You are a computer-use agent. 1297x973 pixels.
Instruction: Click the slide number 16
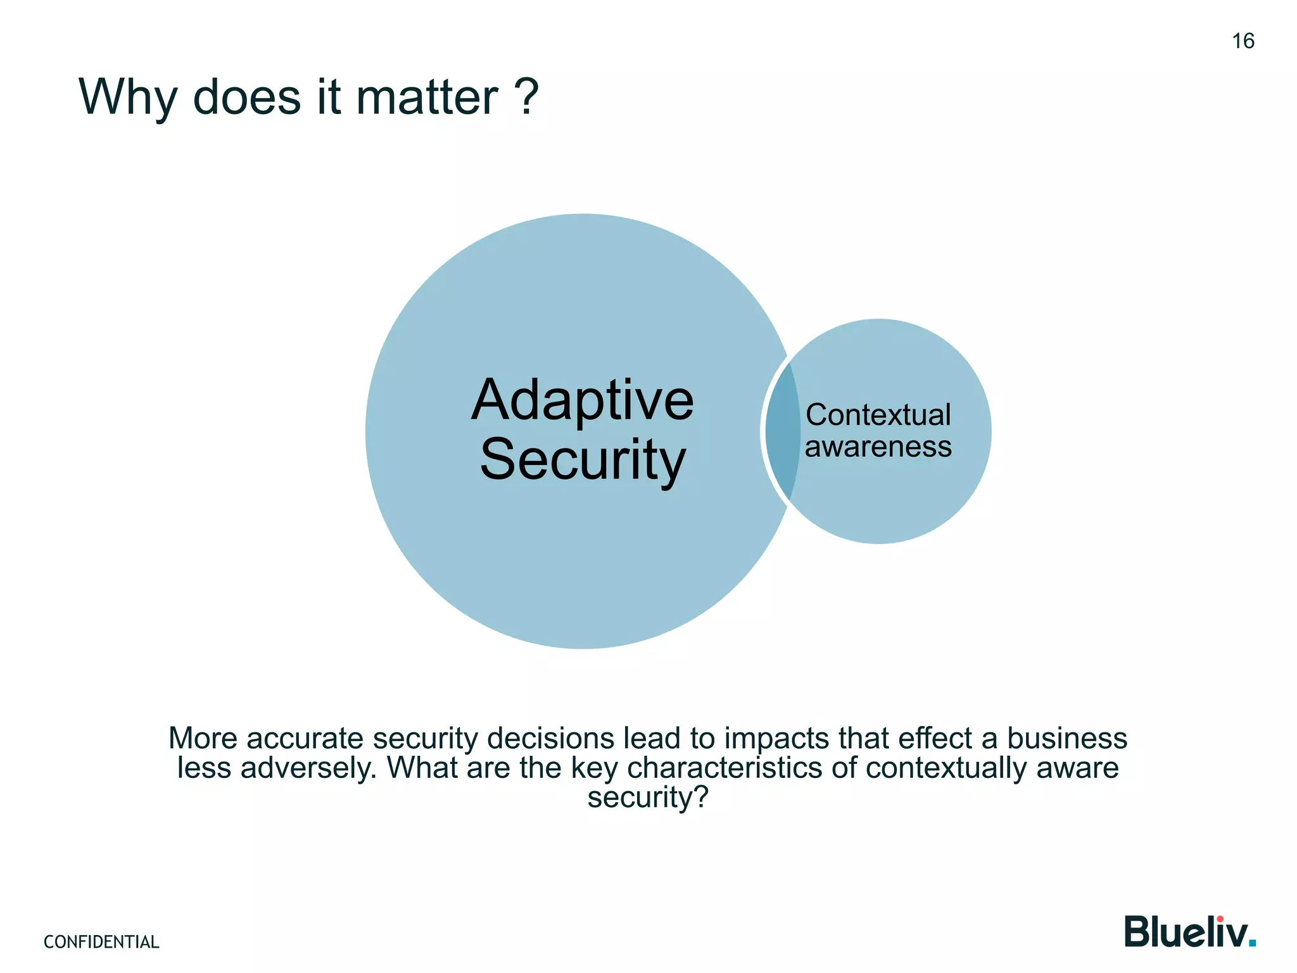[1243, 41]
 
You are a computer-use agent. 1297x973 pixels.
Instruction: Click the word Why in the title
[127, 98]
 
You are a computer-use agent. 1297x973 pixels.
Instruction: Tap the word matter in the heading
[427, 98]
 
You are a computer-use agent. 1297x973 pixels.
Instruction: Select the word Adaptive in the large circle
[583, 401]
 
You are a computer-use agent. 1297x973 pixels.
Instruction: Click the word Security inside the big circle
[583, 460]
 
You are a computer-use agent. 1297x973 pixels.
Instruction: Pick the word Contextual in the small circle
[878, 416]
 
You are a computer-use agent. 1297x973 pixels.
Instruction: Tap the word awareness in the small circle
[878, 447]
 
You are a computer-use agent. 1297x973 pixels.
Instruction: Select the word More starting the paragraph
[203, 739]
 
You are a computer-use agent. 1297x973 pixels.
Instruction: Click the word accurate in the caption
[305, 739]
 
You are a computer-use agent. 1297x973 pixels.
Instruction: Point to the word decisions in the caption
[550, 739]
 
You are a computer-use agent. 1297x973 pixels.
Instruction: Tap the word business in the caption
[1066, 739]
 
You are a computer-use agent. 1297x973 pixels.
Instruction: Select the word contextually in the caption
[946, 768]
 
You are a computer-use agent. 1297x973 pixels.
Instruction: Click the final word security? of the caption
[647, 798]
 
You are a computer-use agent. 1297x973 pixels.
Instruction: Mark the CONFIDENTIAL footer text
[101, 942]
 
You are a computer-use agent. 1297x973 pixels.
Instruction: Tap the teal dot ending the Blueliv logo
[1251, 944]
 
